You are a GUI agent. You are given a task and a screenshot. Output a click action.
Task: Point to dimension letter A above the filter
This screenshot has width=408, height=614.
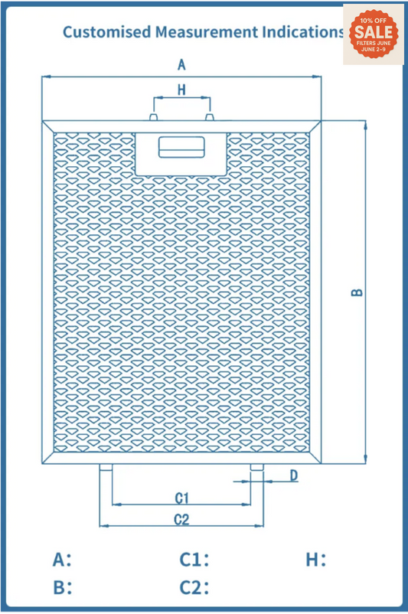[181, 64]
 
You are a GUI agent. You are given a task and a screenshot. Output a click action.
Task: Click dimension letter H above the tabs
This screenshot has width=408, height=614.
[181, 90]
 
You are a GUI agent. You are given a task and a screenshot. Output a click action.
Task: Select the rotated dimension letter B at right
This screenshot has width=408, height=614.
[357, 292]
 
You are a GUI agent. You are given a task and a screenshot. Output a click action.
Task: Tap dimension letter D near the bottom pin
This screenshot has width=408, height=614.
[293, 476]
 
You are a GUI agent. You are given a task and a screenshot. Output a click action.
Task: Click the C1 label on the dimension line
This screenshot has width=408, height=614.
[181, 498]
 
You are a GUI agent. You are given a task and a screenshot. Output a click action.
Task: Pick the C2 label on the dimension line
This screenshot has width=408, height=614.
[181, 520]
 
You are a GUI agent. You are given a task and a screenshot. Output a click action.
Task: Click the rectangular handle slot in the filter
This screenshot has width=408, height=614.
[181, 146]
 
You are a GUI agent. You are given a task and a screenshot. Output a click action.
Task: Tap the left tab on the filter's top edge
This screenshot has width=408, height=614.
[153, 117]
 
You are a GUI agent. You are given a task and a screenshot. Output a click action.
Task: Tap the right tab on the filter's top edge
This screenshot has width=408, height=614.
[209, 117]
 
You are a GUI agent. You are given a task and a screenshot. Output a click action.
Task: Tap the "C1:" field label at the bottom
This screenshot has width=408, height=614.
[194, 560]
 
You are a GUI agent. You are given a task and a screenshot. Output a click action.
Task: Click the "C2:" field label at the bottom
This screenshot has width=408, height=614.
[194, 588]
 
